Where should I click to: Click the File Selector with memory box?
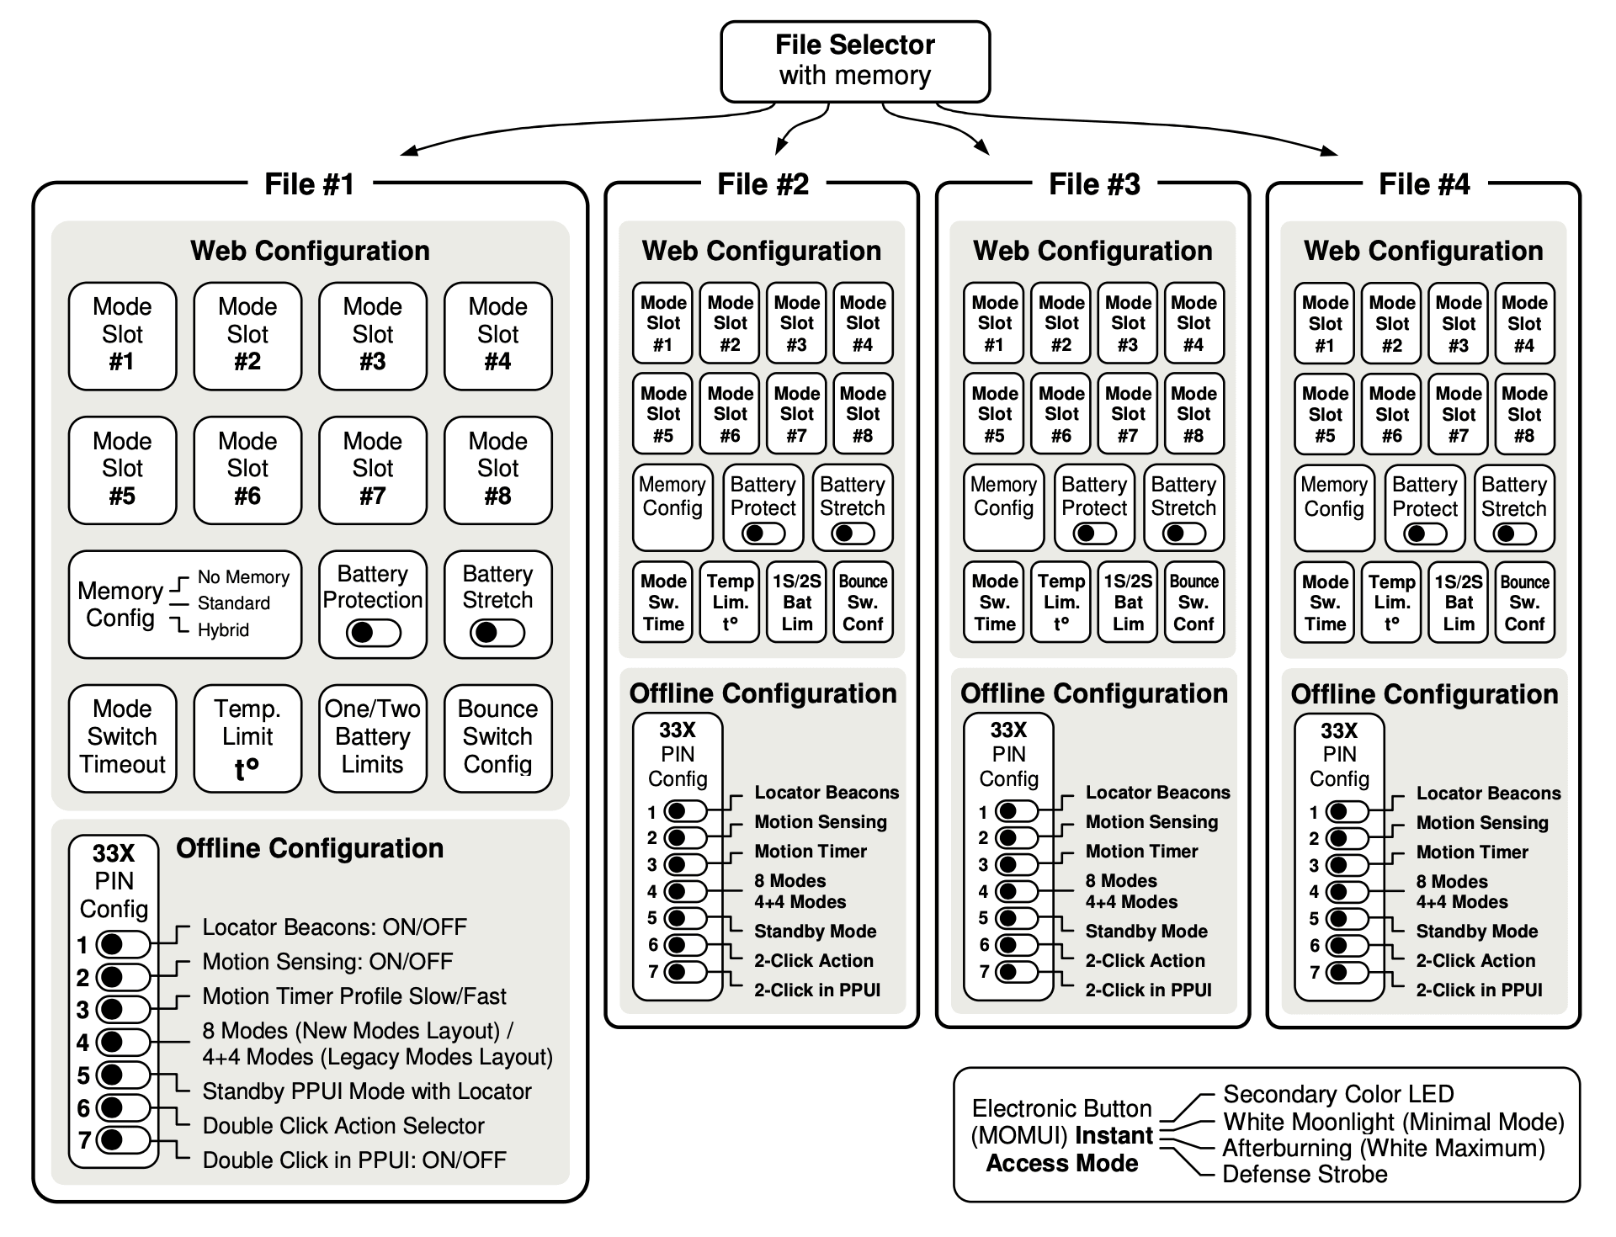tap(855, 61)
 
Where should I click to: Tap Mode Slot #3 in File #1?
tap(373, 336)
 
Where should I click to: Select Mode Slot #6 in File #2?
tap(730, 413)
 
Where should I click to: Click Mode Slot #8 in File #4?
tap(1524, 413)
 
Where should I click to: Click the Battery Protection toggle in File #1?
tap(373, 633)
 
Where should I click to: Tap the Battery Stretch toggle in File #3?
tap(1183, 534)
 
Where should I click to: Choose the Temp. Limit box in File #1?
tap(247, 738)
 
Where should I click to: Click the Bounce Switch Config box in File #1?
tap(498, 738)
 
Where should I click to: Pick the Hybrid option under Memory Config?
tap(223, 630)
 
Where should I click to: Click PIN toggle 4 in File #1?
tap(123, 1042)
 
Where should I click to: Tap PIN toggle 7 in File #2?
tap(685, 972)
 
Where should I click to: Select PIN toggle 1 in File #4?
tap(1348, 812)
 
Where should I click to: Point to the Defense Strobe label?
tap(1305, 1174)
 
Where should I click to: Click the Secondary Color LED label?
tap(1338, 1094)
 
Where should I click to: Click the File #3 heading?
tap(1094, 183)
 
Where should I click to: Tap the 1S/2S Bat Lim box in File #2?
tap(796, 602)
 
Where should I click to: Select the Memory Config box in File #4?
tap(1333, 508)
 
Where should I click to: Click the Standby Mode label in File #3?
tap(1146, 931)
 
